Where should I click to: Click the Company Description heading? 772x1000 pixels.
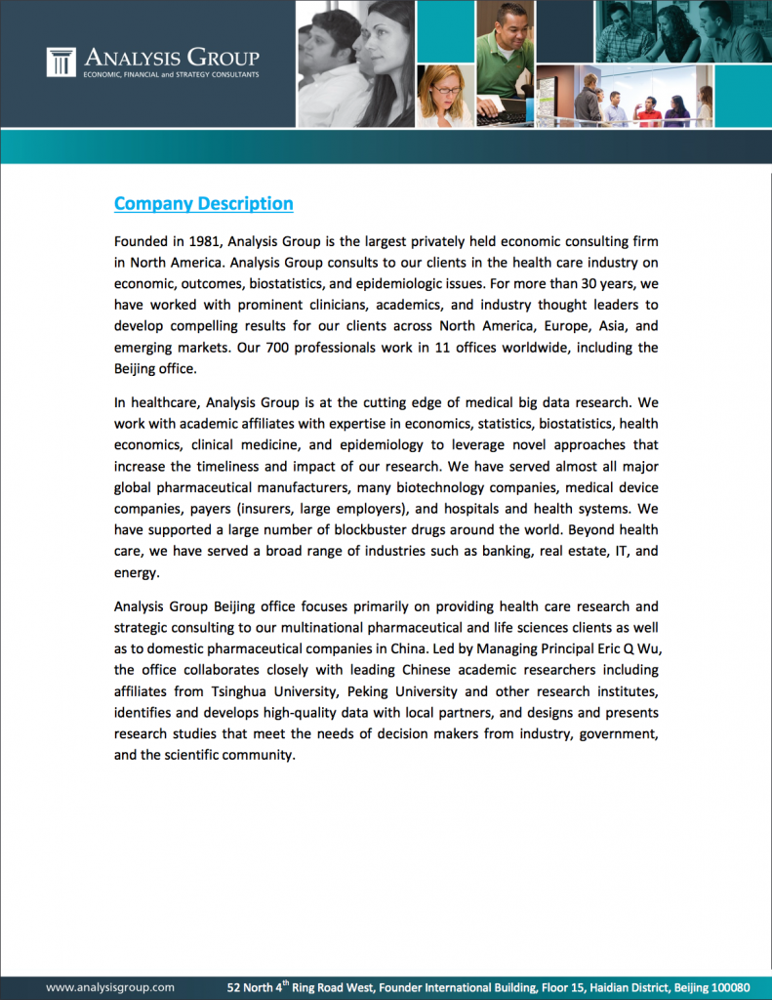click(203, 203)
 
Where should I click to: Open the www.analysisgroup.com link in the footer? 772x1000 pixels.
click(110, 987)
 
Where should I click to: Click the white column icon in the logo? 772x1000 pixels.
click(61, 62)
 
